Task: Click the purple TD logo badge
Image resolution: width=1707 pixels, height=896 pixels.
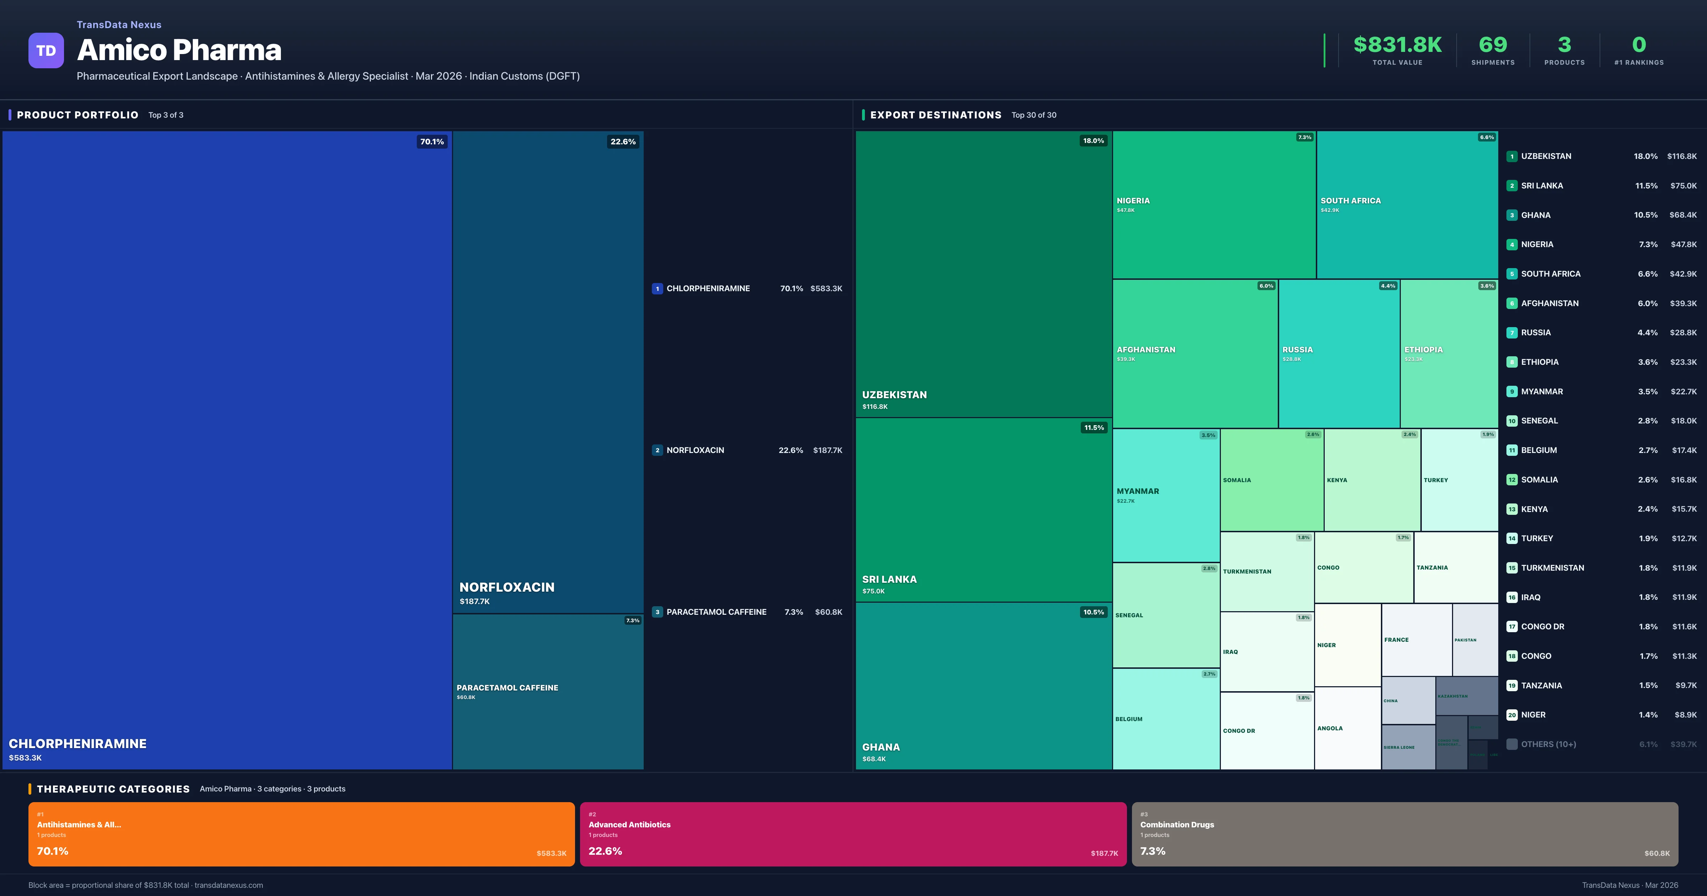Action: (46, 50)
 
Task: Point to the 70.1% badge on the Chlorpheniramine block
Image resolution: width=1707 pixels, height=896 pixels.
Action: (432, 142)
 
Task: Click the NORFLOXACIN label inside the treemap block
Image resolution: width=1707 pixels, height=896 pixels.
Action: (507, 587)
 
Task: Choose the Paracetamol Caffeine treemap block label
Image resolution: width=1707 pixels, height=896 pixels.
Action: (507, 688)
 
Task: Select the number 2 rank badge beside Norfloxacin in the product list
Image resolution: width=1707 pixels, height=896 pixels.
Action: (657, 450)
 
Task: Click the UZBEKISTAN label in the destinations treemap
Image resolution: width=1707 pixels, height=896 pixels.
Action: (894, 395)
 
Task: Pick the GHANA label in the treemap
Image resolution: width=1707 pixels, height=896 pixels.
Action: (881, 747)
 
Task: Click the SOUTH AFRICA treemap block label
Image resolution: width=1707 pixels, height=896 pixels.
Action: (1351, 201)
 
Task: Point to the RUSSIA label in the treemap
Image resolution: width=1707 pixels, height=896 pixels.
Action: (1297, 350)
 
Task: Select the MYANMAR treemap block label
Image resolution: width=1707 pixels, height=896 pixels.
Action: (1138, 491)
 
